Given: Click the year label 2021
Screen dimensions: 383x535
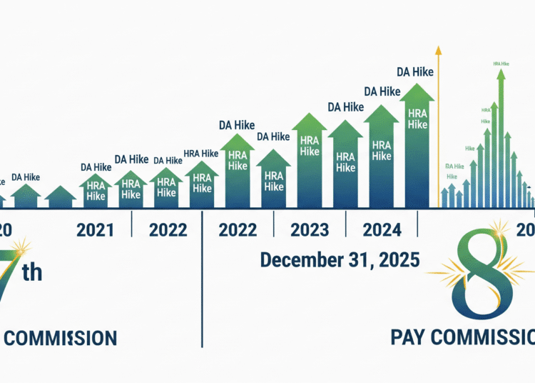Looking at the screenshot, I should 95,230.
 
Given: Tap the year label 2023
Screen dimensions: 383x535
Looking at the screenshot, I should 310,230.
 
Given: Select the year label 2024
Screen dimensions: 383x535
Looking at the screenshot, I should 382,230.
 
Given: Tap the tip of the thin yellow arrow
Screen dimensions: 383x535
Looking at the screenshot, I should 438,49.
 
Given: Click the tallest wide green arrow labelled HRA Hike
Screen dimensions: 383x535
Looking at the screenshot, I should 417,143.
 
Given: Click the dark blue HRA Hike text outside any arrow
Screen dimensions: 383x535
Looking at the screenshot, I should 200,153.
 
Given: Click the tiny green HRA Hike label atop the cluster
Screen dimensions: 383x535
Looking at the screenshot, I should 501,64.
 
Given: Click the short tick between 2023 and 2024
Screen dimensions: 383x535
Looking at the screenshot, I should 346,227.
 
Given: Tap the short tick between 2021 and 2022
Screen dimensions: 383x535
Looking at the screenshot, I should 132,227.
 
